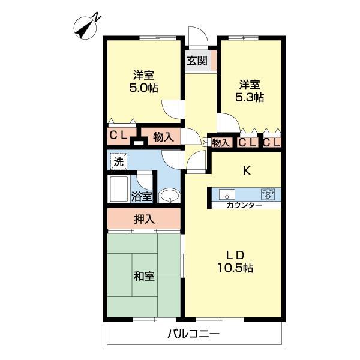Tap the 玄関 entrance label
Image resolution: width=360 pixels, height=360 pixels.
pyautogui.click(x=197, y=61)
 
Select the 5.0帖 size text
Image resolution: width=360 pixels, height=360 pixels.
pyautogui.click(x=144, y=88)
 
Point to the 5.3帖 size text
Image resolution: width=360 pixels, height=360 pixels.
pyautogui.click(x=250, y=98)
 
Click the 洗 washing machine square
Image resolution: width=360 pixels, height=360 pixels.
pyautogui.click(x=118, y=162)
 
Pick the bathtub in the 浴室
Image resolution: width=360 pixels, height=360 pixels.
pyautogui.click(x=119, y=189)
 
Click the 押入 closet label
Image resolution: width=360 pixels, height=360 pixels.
pyautogui.click(x=145, y=220)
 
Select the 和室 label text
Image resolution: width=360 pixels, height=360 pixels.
pyautogui.click(x=144, y=276)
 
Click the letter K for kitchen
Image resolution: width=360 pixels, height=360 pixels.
pyautogui.click(x=247, y=171)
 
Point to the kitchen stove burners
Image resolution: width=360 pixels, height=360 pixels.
pyautogui.click(x=268, y=194)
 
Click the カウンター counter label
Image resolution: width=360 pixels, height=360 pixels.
pyautogui.click(x=244, y=205)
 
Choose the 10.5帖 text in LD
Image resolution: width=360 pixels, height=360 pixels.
pyautogui.click(x=235, y=268)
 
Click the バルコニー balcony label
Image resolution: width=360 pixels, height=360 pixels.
pyautogui.click(x=194, y=334)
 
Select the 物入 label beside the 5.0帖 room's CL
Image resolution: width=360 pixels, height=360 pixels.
pyautogui.click(x=163, y=137)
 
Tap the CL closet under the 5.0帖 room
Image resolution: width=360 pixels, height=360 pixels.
pyautogui.click(x=118, y=136)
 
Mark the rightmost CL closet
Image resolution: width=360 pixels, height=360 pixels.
pyautogui.click(x=272, y=143)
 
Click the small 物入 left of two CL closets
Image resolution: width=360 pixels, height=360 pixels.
pyautogui.click(x=221, y=143)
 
